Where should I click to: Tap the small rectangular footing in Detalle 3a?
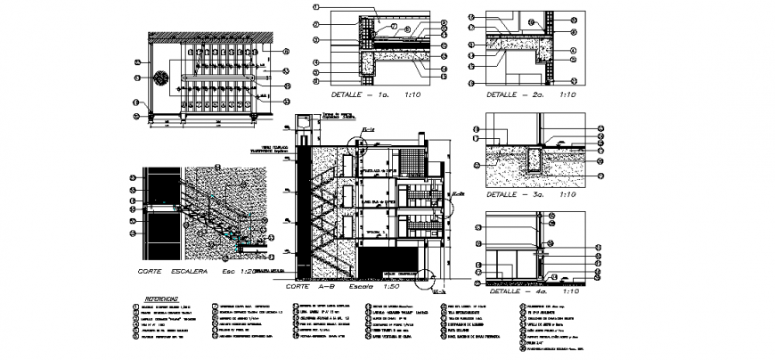[534, 160]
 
